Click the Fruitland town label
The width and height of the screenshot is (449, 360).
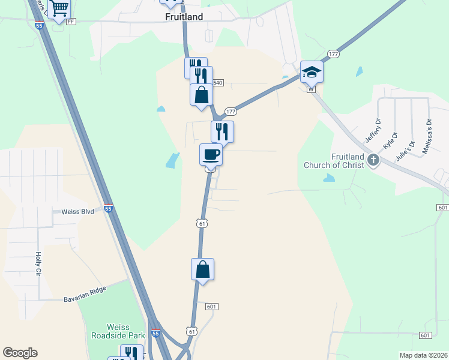(x=184, y=17)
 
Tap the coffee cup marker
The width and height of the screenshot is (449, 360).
(x=211, y=154)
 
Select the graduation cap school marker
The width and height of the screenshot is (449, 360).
(x=312, y=72)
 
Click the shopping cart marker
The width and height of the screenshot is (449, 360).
(x=59, y=8)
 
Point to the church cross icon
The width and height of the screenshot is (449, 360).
(x=373, y=160)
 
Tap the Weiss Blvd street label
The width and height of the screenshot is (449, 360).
(x=77, y=212)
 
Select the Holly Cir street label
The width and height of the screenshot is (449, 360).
(x=38, y=263)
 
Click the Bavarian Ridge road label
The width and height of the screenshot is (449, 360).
(x=85, y=295)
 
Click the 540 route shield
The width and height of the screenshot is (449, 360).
(x=217, y=83)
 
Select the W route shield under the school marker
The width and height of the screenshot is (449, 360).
(x=310, y=89)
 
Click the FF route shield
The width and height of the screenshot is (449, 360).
(x=71, y=22)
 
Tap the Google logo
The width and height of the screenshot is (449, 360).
(x=20, y=353)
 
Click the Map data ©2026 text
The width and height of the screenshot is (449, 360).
(x=423, y=355)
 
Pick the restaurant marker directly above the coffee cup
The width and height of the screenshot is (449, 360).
(x=222, y=131)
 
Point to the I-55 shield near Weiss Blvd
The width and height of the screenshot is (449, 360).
(x=108, y=209)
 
